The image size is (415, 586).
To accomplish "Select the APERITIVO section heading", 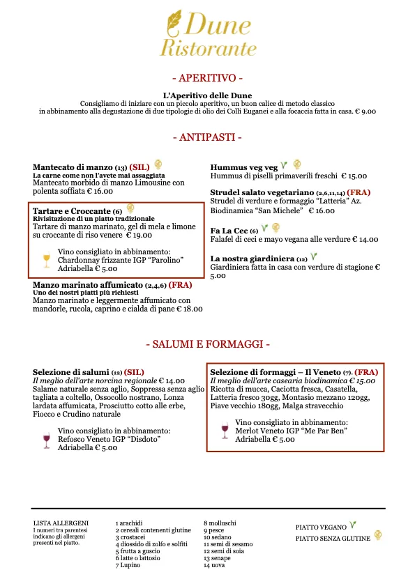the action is [x=207, y=77].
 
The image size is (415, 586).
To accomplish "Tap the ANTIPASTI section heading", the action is [x=207, y=137].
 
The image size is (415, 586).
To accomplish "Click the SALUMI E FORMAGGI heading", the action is [x=207, y=344].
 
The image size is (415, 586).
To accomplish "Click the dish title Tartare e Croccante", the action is [x=72, y=210].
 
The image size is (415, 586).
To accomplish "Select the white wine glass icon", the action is [x=47, y=261].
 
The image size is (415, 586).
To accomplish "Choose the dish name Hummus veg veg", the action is [x=244, y=167].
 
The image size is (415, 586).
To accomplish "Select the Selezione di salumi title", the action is [x=71, y=372].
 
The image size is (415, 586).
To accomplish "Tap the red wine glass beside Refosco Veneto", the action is [x=47, y=439].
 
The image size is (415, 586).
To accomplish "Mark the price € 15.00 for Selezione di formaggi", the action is [x=362, y=381].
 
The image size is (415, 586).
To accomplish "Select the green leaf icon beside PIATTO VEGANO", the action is [x=354, y=525].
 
